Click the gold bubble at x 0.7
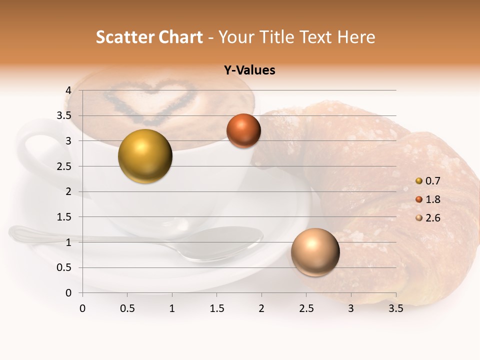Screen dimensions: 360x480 pos(145,156)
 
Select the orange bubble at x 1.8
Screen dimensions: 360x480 pos(243,130)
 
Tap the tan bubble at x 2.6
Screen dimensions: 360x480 pos(315,252)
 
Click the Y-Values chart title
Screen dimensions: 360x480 pos(249,70)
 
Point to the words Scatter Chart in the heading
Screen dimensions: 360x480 pos(149,37)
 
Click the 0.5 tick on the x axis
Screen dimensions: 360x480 pos(127,308)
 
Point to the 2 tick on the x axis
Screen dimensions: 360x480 pos(261,308)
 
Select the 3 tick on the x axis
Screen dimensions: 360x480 pos(351,308)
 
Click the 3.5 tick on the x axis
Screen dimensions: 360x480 pos(395,308)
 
